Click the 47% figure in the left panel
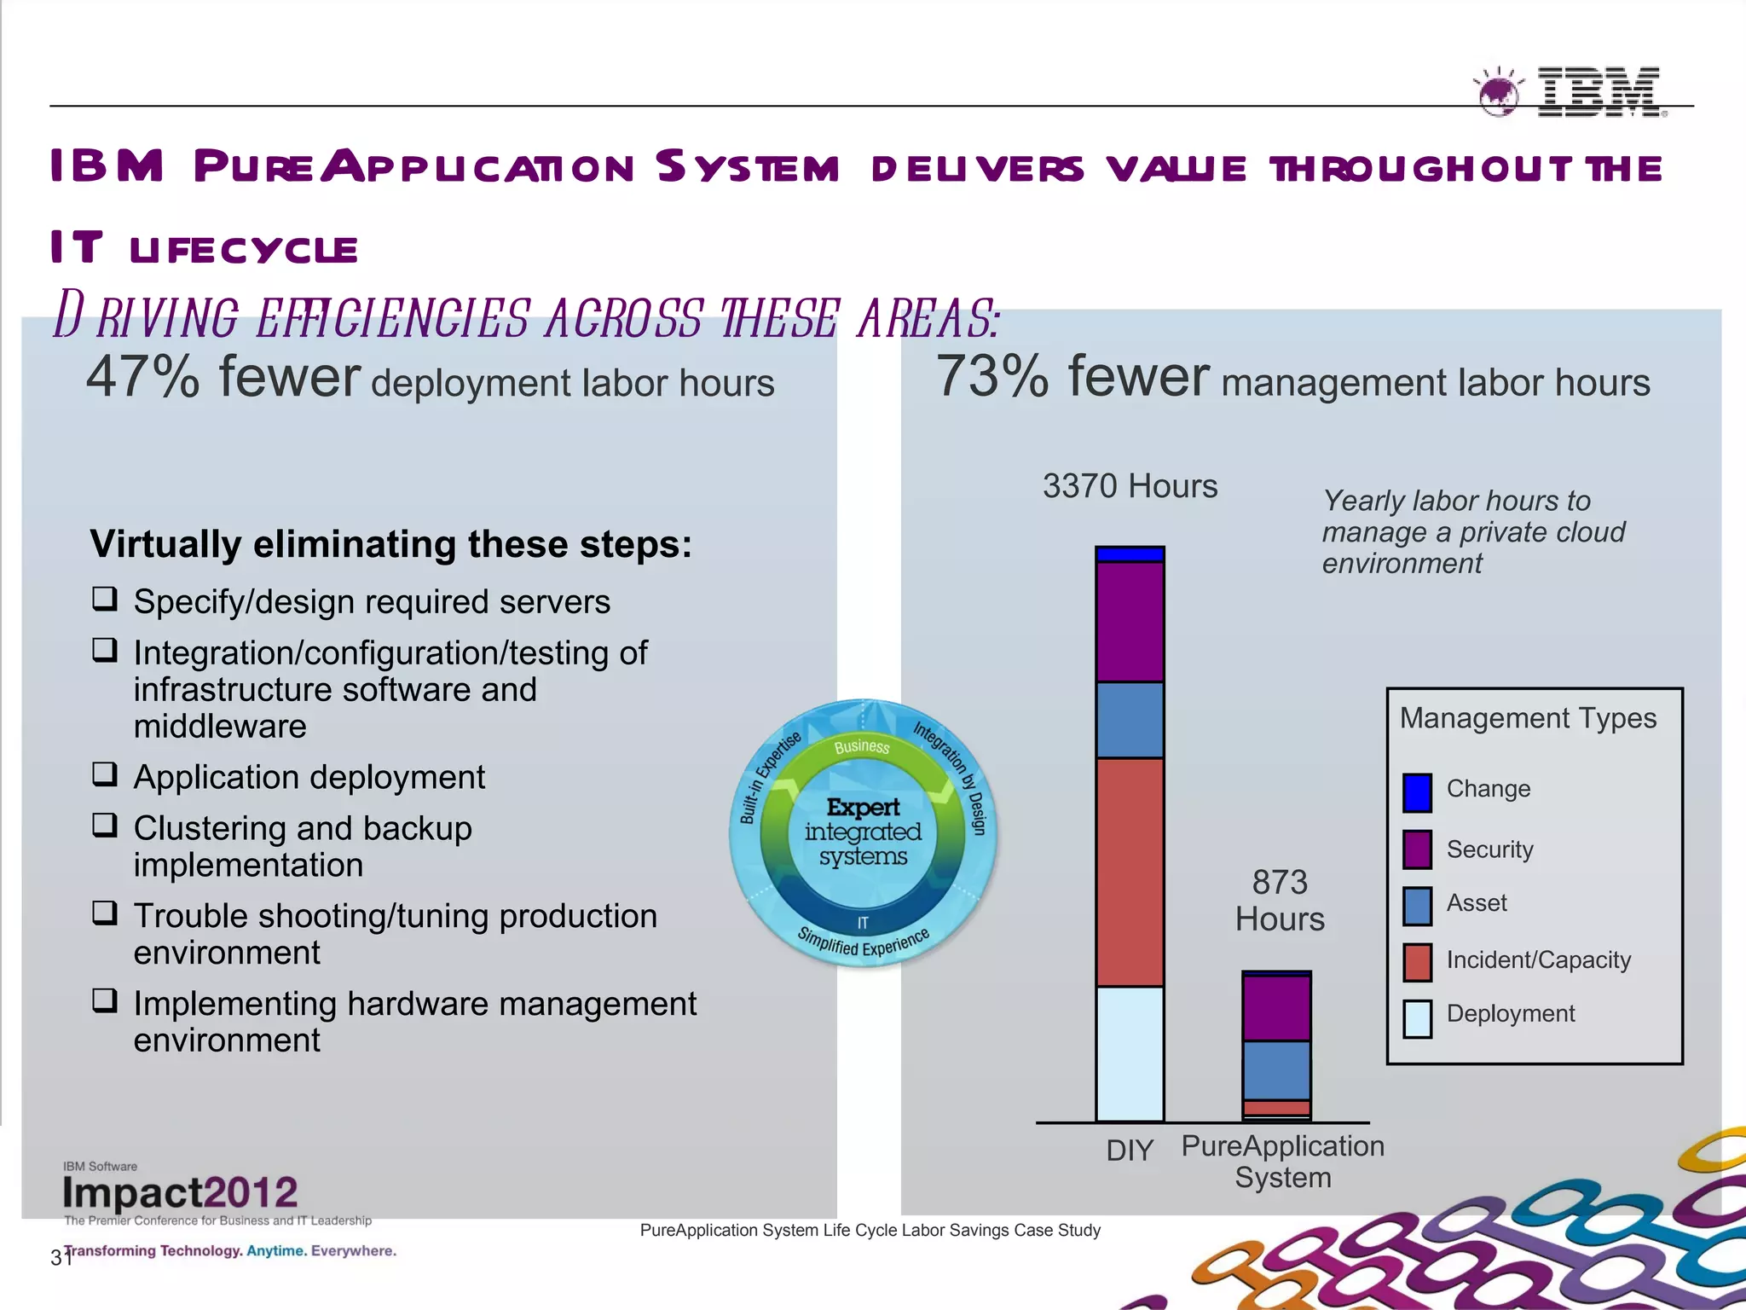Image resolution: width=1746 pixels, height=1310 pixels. pyautogui.click(x=142, y=377)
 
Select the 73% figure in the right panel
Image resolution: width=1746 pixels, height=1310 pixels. pyautogui.click(x=992, y=377)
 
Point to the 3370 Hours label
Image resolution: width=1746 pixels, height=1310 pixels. pyautogui.click(x=1130, y=486)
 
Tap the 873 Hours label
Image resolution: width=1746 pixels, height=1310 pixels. pyautogui.click(x=1280, y=901)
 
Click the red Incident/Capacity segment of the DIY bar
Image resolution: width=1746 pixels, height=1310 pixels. pyautogui.click(x=1130, y=872)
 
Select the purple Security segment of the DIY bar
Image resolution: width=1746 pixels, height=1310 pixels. pyautogui.click(x=1130, y=622)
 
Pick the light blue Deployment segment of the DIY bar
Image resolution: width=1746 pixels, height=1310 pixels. pyautogui.click(x=1130, y=1053)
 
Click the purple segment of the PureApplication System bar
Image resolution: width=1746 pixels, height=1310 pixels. pyautogui.click(x=1276, y=1008)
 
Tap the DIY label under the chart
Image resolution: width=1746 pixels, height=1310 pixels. pyautogui.click(x=1130, y=1151)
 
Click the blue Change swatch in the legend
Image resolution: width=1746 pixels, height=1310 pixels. pyautogui.click(x=1417, y=792)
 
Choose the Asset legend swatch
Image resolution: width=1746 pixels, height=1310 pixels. pyautogui.click(x=1417, y=906)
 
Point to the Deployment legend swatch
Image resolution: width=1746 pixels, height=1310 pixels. pyautogui.click(x=1417, y=1018)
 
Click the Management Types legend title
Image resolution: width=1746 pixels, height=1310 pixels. pyautogui.click(x=1528, y=718)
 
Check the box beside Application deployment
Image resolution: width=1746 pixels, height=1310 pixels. pyautogui.click(x=105, y=774)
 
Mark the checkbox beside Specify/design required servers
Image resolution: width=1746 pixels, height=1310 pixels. pyautogui.click(x=105, y=599)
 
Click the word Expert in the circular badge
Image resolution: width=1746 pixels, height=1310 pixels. pyautogui.click(x=863, y=807)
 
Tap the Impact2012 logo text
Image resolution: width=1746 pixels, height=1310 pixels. pyautogui.click(x=180, y=1192)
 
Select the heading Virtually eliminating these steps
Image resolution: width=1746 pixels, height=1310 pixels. pyautogui.click(x=390, y=544)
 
